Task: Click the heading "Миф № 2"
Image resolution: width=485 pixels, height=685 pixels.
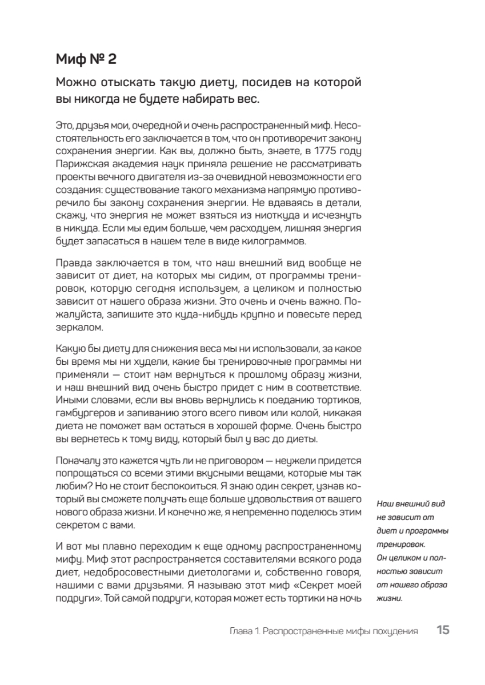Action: coord(86,59)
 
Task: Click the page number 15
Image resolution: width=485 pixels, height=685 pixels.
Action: coord(443,631)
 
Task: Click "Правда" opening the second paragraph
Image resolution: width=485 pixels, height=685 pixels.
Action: coord(73,263)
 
